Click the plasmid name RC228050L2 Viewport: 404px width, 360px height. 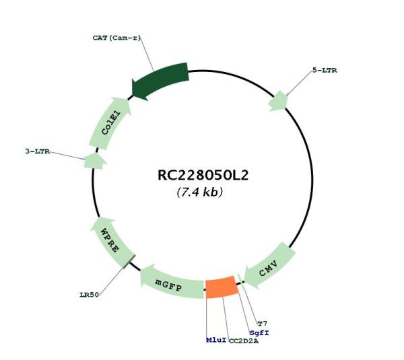tap(203, 175)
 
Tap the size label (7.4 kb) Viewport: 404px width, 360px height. tap(200, 192)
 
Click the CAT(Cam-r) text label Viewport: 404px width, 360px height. tap(117, 38)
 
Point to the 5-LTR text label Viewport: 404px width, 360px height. tap(325, 70)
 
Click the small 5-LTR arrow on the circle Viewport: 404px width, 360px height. tap(278, 101)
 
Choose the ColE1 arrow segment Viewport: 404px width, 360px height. tap(110, 123)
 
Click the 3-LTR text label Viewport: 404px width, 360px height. tap(38, 151)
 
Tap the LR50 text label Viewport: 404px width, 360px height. tap(89, 295)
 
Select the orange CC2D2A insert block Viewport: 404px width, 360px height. tap(222, 287)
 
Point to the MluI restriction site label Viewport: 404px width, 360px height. tap(216, 340)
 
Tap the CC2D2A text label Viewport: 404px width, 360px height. tap(244, 341)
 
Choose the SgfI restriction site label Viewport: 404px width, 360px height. tap(259, 333)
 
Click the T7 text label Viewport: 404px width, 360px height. tap(263, 324)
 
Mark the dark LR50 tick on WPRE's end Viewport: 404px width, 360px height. tap(129, 261)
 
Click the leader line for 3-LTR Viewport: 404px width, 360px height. tap(67, 155)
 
